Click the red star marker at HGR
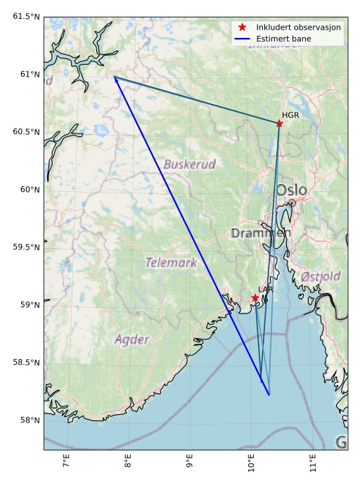tap(279, 123)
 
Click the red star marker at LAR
tap(255, 298)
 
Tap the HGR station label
tap(290, 115)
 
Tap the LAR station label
tap(266, 290)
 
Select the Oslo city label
tap(291, 190)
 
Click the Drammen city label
tap(261, 233)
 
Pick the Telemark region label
tap(171, 263)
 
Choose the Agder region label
tap(132, 339)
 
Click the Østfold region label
tap(321, 276)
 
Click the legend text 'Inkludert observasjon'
tap(299, 27)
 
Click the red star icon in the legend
tap(242, 27)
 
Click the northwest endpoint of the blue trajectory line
tap(114, 77)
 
